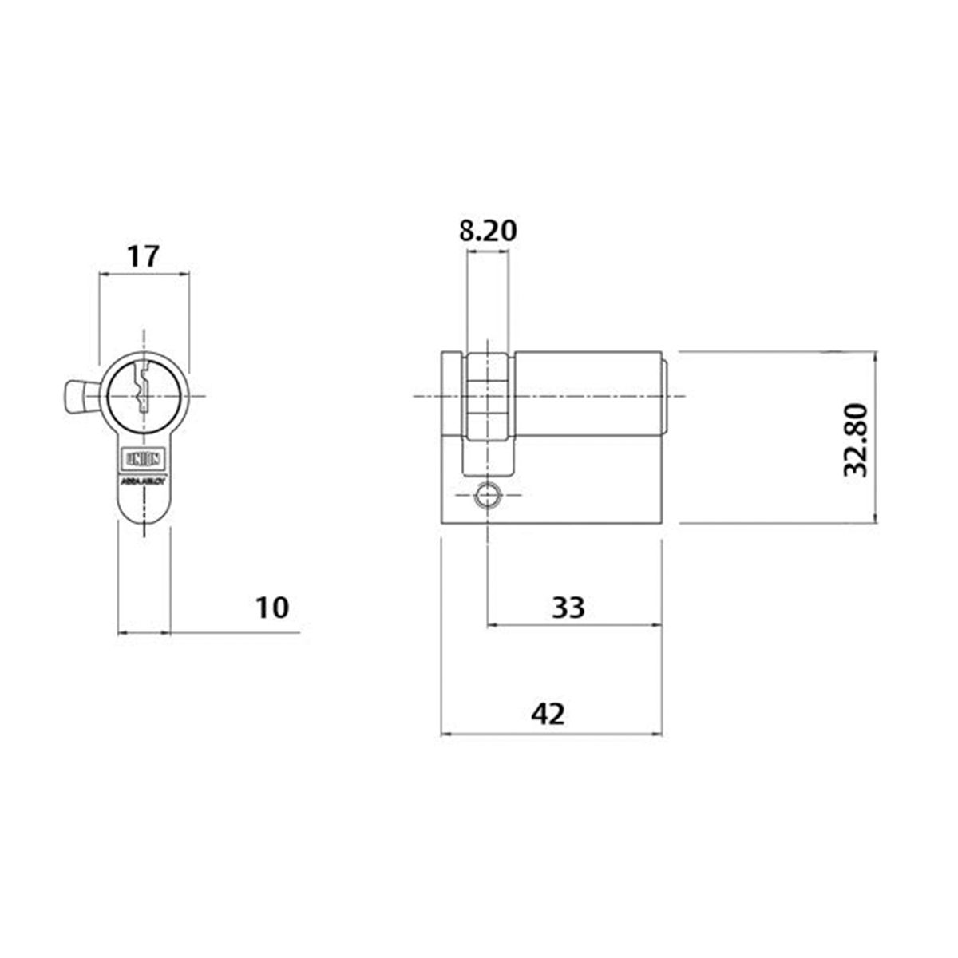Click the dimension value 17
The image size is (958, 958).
(144, 256)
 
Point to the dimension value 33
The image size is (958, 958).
(568, 608)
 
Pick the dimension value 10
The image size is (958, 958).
(271, 608)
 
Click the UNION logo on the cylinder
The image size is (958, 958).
(144, 459)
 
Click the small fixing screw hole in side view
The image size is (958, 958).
(486, 497)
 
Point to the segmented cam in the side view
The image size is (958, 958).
(487, 397)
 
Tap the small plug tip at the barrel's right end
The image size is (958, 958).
(667, 397)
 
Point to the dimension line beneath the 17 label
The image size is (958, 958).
(144, 275)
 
